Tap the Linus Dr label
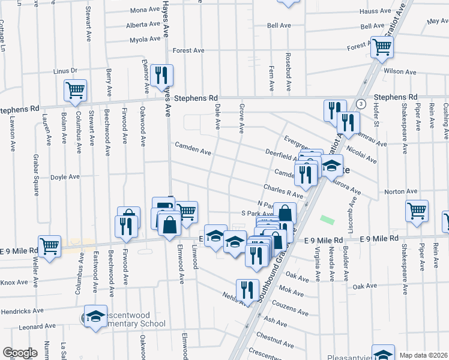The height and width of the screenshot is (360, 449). pos(66,71)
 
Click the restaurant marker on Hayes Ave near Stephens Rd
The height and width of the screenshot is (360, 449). pos(161,75)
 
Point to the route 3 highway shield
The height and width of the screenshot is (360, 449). pos(360,104)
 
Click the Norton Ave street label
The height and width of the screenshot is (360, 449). pos(402,191)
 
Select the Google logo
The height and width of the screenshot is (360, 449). pos(20,352)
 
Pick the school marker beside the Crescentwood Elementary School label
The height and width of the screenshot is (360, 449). pos(94,317)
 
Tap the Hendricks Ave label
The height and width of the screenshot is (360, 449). pos(22,311)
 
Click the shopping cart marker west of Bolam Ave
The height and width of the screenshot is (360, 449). pos(75,91)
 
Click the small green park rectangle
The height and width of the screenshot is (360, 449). pos(327,220)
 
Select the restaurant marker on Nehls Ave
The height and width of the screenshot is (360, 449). pos(247,290)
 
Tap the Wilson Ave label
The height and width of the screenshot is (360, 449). pos(400,71)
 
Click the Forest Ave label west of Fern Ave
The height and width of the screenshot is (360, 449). pos(189,51)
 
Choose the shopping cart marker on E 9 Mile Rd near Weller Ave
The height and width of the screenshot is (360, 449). pos(49,245)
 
